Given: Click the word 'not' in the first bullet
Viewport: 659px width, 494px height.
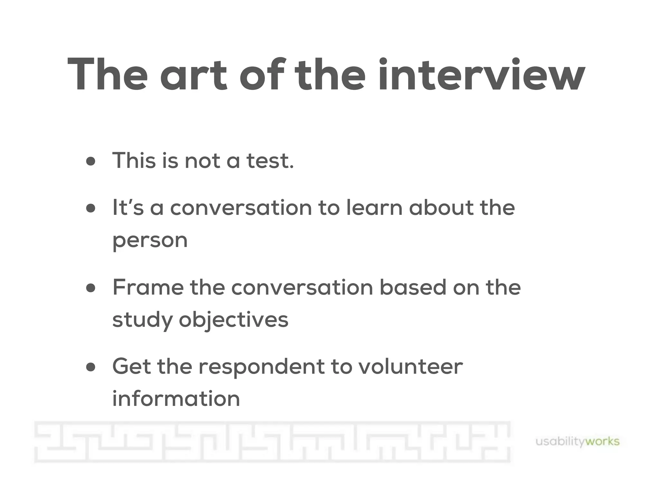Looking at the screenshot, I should [202, 160].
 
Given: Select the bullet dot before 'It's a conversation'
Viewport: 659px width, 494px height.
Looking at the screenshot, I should [91, 208].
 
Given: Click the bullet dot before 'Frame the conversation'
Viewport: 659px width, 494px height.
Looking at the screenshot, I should [91, 288].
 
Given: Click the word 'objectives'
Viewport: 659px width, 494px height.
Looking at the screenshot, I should [234, 320].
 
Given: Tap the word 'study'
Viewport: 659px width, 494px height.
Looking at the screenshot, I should [142, 320].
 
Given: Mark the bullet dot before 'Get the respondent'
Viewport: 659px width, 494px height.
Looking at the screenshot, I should [91, 367].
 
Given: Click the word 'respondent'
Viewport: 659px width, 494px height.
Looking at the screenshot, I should [262, 367].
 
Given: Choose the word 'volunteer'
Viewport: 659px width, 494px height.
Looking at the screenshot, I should [411, 366].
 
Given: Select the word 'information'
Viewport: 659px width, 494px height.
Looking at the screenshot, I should [176, 399].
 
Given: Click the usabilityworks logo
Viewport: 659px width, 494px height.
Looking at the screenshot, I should [577, 442].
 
